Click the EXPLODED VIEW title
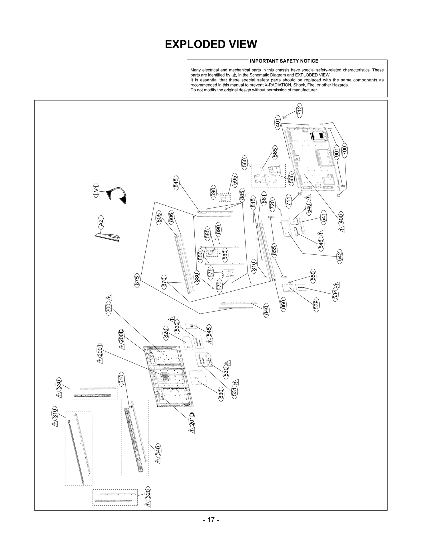[x=211, y=44]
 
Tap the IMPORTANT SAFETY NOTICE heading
[x=284, y=61]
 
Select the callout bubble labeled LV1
[x=97, y=190]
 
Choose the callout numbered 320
[x=148, y=493]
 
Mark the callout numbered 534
[x=335, y=293]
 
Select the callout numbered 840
[x=266, y=311]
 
